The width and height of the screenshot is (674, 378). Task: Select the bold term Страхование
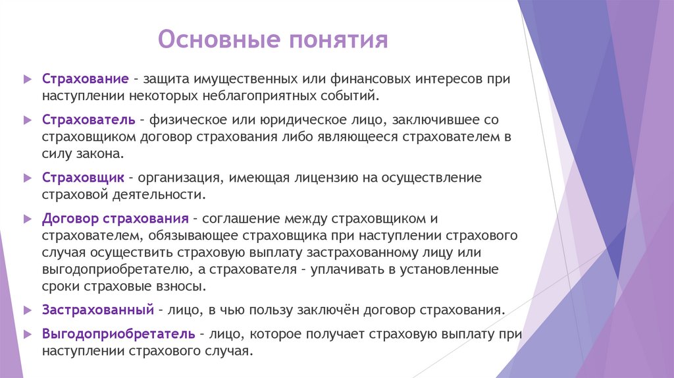tap(85, 79)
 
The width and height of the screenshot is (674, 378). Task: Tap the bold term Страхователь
tap(88, 121)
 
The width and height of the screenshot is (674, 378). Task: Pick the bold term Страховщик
tap(83, 178)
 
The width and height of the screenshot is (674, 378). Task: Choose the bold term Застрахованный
tap(97, 309)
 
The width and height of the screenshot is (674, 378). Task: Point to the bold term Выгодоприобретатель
tap(118, 334)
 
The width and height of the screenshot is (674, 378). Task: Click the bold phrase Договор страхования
tap(116, 218)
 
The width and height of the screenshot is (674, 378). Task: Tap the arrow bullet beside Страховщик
tap(26, 178)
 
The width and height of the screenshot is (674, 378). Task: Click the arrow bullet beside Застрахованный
tap(26, 309)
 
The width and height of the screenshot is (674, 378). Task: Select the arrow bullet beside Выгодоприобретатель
tap(26, 334)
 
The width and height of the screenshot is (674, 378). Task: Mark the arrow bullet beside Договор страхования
tap(26, 218)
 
